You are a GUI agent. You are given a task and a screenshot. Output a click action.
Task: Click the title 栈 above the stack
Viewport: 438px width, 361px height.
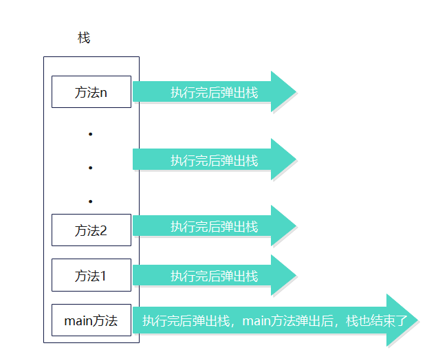point(84,38)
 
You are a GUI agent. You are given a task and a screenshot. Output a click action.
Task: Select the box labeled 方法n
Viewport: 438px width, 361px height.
point(91,92)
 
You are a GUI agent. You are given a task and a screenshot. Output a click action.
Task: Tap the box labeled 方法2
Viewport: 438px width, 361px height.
point(91,230)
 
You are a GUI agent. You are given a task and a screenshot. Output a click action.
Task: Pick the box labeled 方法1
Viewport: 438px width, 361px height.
point(91,276)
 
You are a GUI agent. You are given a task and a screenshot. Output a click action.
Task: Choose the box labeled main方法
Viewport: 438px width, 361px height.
point(91,320)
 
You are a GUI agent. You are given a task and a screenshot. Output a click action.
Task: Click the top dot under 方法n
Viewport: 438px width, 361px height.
point(90,134)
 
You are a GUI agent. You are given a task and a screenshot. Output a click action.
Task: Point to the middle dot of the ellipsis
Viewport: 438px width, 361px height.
point(90,167)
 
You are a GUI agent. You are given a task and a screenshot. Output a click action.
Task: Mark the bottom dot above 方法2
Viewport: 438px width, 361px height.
point(90,201)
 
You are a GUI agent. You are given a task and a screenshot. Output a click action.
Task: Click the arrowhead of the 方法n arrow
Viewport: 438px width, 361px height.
point(283,91)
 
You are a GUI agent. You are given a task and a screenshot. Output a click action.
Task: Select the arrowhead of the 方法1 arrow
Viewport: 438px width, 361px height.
point(283,275)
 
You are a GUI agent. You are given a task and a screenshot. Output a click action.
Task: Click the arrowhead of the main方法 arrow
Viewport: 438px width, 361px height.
point(402,320)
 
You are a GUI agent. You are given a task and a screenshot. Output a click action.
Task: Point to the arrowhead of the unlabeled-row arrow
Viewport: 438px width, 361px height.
point(283,160)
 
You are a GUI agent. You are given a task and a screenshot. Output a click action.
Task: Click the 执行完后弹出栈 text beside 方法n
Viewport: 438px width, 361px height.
point(214,92)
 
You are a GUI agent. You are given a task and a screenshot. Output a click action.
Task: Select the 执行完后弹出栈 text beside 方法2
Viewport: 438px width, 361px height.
point(214,226)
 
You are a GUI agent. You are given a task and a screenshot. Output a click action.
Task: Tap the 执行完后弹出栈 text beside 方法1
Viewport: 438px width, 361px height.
point(214,276)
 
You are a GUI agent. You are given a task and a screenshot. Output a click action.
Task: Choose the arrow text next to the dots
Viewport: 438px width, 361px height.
point(214,160)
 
